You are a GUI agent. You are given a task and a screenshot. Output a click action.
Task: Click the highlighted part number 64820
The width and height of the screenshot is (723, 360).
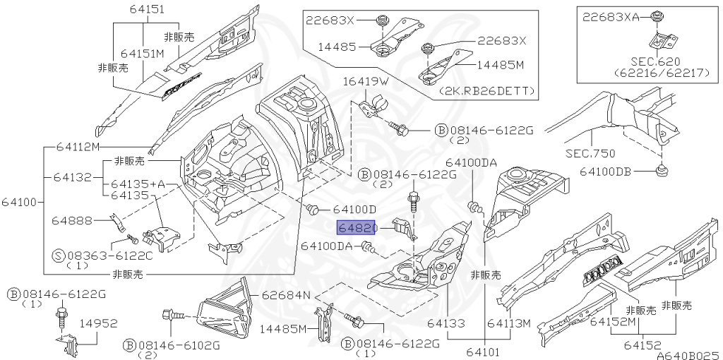[x=357, y=228]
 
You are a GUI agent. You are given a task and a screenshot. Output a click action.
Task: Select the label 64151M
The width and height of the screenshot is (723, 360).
[x=142, y=54]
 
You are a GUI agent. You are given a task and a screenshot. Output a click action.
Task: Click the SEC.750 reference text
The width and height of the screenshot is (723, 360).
[x=590, y=153]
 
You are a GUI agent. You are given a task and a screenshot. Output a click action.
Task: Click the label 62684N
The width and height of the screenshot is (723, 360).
[x=287, y=295]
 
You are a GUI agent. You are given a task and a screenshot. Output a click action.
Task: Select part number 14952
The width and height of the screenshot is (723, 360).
[x=99, y=323]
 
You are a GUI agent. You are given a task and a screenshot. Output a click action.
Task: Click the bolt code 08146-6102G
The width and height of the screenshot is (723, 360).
[x=177, y=344]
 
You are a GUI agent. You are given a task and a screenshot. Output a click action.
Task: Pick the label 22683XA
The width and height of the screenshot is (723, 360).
[x=611, y=17]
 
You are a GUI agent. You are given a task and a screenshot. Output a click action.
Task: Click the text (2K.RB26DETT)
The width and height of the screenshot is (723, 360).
[x=486, y=91]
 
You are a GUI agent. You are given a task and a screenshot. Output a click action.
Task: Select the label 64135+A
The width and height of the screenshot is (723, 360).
[x=138, y=184]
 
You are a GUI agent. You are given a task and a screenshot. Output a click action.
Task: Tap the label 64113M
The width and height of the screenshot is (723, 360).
[x=509, y=323]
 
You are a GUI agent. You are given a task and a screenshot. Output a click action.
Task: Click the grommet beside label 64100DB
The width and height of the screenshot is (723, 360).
[x=662, y=170]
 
